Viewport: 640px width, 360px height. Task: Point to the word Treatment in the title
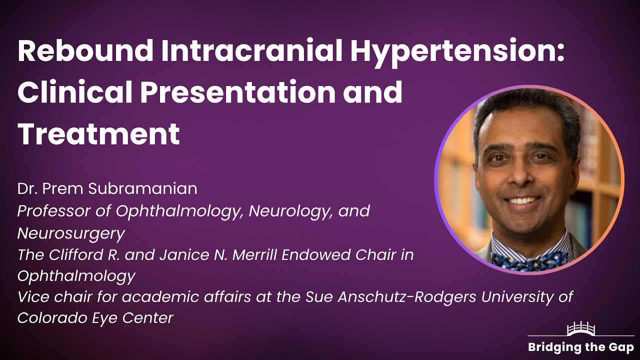(98, 133)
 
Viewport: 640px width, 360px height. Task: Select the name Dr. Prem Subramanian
(107, 188)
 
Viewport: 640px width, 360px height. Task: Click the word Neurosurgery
(71, 233)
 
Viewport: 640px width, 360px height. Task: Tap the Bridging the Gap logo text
(580, 347)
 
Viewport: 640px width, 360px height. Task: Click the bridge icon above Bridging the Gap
(580, 329)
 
